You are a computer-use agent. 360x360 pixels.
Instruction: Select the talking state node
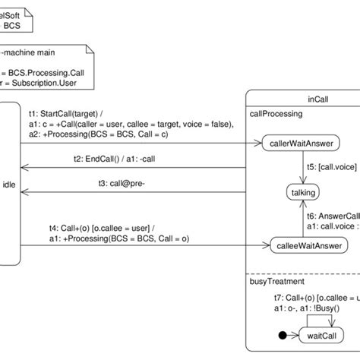[x=303, y=193]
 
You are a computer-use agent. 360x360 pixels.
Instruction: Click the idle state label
[x=9, y=184]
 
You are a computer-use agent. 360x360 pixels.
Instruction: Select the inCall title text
[x=319, y=99]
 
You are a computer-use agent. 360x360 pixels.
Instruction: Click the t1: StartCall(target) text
[x=68, y=109]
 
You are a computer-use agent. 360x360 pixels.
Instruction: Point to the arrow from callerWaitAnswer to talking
[x=302, y=168]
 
